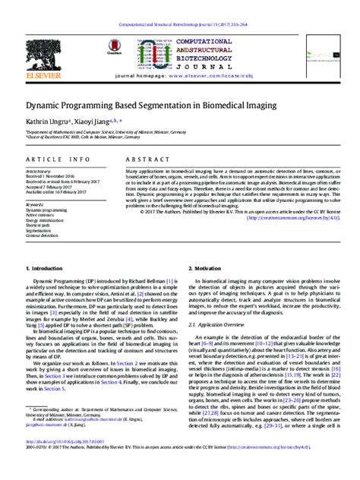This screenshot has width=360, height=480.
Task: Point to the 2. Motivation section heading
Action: pyautogui.click(x=205, y=268)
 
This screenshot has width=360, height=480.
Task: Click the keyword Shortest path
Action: pyautogui.click(x=39, y=225)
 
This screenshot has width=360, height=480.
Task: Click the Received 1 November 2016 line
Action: pyautogui.click(x=53, y=178)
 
